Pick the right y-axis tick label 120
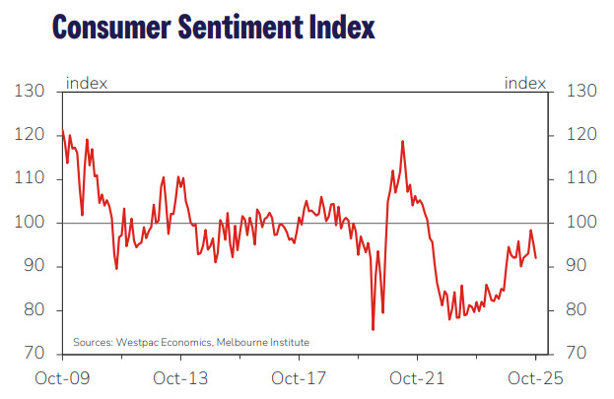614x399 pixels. point(582,135)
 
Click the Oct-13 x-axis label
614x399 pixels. point(180,378)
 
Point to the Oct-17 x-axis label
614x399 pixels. point(299,378)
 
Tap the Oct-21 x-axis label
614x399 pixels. point(418,378)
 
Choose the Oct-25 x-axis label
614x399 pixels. point(536,378)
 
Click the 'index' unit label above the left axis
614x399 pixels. point(87,83)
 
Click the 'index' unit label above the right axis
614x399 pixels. point(524,83)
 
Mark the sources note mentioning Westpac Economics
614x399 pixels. point(191,342)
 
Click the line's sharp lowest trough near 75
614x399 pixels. point(373,329)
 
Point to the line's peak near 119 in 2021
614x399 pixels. point(403,141)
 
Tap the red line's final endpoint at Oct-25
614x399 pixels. point(536,258)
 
